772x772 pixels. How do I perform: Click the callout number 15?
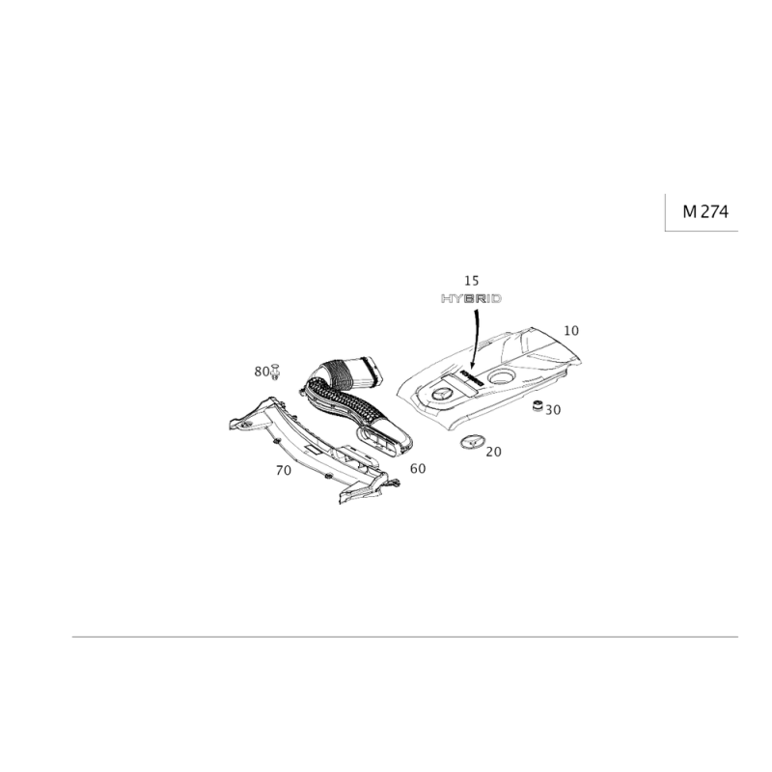pyautogui.click(x=471, y=280)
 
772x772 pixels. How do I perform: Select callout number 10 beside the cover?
pyautogui.click(x=571, y=331)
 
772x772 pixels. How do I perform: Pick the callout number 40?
pyautogui.click(x=492, y=450)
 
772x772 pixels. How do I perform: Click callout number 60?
pyautogui.click(x=417, y=468)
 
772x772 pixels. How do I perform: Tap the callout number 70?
pyautogui.click(x=284, y=470)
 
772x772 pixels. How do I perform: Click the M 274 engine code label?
pyautogui.click(x=704, y=212)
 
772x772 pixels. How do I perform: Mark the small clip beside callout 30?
pyautogui.click(x=537, y=403)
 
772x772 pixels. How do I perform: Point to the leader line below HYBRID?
pyautogui.click(x=475, y=333)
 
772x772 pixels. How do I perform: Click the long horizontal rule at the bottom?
pyautogui.click(x=405, y=637)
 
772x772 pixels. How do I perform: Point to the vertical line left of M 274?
pyautogui.click(x=665, y=212)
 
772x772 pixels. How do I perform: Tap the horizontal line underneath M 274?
pyautogui.click(x=703, y=231)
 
